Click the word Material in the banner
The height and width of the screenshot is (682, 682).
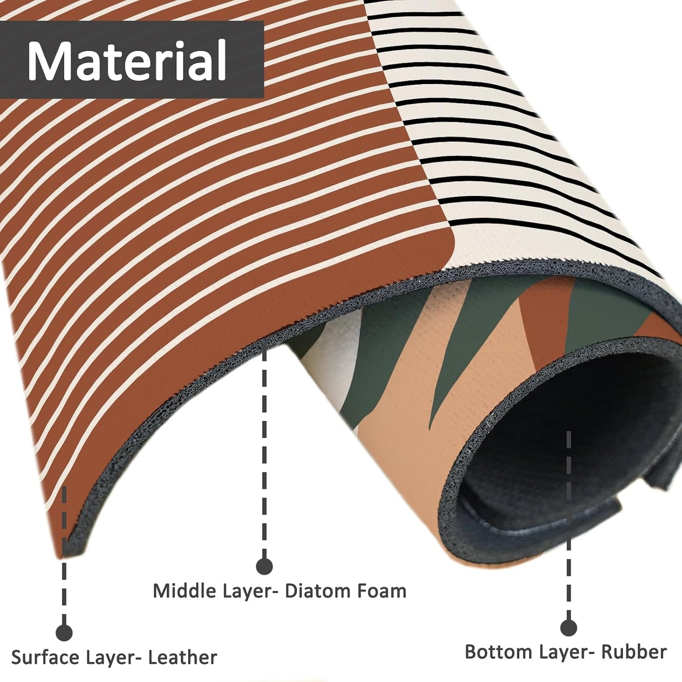point(127,60)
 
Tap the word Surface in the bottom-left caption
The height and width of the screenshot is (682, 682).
point(45,648)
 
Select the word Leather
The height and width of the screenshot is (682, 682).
point(182,648)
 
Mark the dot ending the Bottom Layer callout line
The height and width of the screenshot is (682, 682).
point(569,618)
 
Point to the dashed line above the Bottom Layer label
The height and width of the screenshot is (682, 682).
point(569,520)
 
